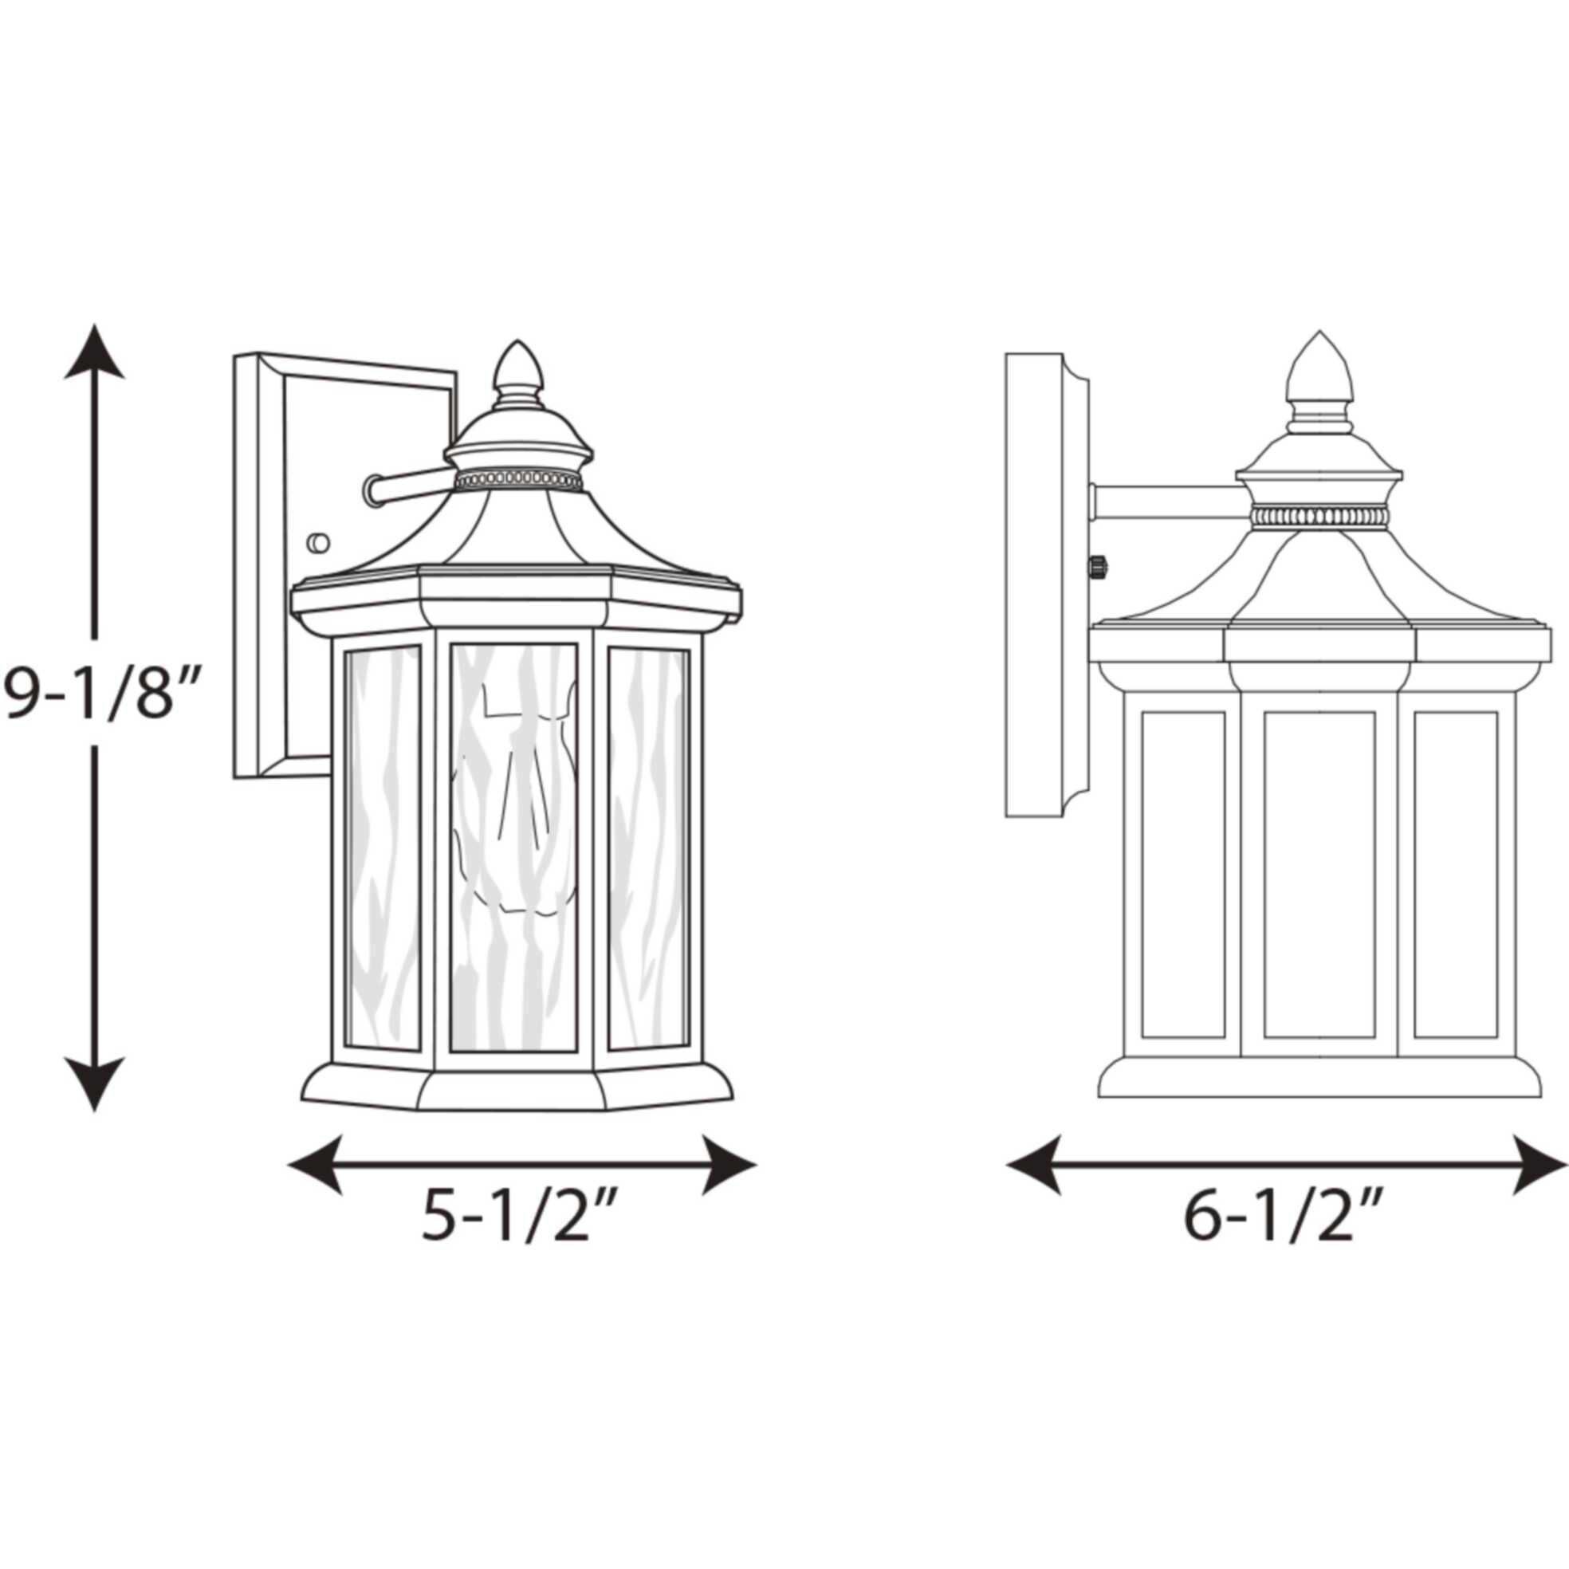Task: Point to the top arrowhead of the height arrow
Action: click(95, 353)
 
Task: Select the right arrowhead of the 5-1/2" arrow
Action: click(728, 1165)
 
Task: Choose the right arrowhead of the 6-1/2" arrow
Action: click(1540, 1165)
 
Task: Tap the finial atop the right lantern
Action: click(1319, 369)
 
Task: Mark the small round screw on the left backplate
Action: click(317, 541)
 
